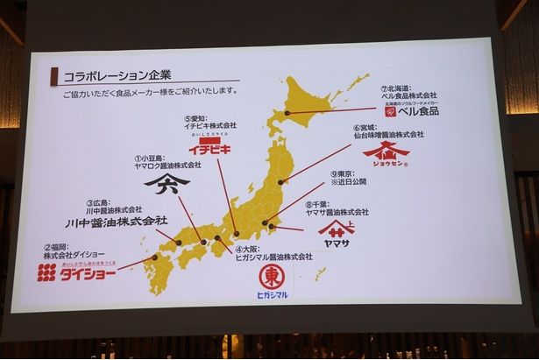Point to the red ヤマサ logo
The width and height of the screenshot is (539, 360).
tap(337, 229)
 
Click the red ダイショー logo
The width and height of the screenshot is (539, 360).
tap(76, 271)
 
